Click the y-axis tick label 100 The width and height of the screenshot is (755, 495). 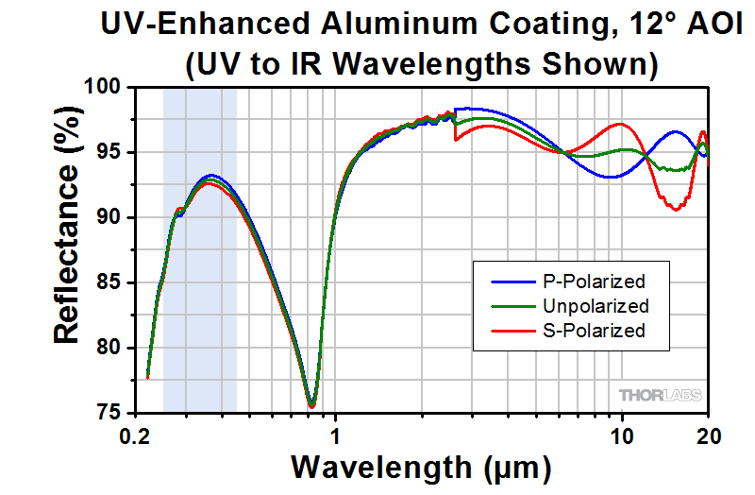(104, 88)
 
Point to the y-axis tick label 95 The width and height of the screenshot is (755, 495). (109, 153)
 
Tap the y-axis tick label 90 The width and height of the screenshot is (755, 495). (109, 218)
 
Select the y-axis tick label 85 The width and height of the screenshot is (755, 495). (109, 283)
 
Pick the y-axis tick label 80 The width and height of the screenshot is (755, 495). (109, 349)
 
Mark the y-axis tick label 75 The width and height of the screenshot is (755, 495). (109, 414)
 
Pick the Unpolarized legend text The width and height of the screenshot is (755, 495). (596, 306)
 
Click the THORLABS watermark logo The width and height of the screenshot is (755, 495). (658, 394)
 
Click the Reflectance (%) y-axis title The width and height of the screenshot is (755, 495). (67, 250)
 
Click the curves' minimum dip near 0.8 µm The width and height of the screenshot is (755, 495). (311, 405)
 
